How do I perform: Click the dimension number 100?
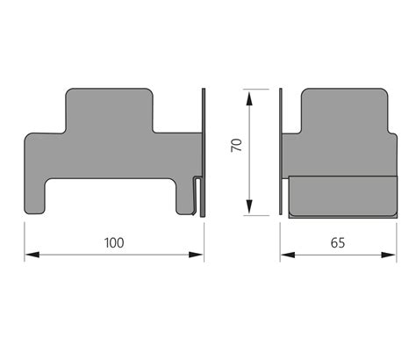click(x=114, y=240)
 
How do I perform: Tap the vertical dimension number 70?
click(x=236, y=146)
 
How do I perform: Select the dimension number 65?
click(x=337, y=240)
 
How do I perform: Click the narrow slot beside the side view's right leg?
click(x=195, y=198)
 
